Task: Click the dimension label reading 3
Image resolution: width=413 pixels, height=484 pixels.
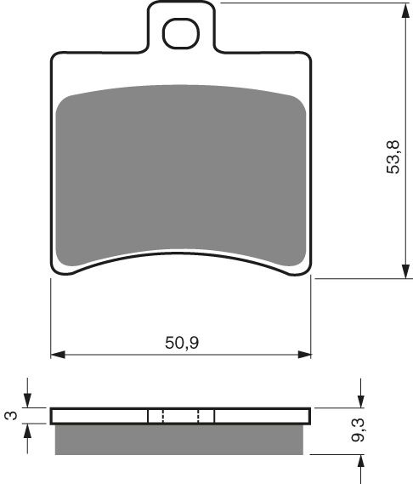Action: click(10, 415)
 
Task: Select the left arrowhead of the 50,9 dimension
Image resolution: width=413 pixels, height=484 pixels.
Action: click(57, 354)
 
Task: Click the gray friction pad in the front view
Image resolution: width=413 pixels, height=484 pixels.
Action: click(181, 170)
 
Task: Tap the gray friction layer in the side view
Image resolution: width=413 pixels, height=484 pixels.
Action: click(181, 437)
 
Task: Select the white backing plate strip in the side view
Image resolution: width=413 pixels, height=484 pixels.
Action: click(102, 416)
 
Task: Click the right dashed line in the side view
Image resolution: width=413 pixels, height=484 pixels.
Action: click(198, 416)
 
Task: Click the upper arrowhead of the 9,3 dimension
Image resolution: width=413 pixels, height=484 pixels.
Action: click(362, 402)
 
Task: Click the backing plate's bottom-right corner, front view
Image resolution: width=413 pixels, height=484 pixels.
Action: click(311, 274)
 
